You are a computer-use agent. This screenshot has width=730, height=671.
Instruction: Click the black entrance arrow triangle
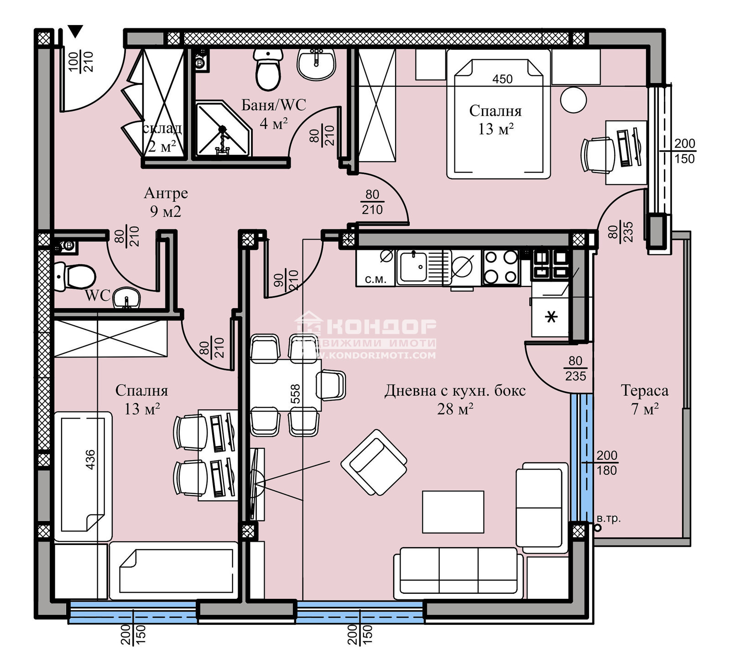(76, 32)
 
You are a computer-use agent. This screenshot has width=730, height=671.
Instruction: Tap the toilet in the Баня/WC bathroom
(268, 70)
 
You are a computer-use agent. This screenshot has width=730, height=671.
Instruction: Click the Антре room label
(166, 193)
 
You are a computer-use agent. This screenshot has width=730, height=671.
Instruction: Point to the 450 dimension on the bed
(502, 79)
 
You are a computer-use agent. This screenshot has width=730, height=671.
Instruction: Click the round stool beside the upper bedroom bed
(573, 100)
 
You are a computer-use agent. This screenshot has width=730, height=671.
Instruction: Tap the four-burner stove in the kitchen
(501, 267)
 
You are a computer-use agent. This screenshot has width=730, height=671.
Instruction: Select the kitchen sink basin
(413, 267)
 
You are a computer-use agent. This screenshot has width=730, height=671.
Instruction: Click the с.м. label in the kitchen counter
(375, 279)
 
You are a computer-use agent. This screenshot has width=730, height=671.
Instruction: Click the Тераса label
(644, 391)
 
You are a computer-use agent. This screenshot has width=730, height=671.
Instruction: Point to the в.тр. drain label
(609, 519)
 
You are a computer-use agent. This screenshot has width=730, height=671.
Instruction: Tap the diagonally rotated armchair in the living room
(374, 462)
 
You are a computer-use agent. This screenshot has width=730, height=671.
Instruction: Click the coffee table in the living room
(453, 512)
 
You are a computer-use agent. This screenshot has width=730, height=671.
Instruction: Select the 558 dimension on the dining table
(295, 394)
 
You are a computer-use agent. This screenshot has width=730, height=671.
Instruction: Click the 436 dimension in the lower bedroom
(90, 459)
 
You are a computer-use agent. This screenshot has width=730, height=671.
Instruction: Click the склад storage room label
(162, 129)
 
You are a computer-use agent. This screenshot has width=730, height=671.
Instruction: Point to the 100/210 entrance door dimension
(81, 62)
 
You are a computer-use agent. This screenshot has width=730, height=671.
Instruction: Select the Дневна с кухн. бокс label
(455, 391)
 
